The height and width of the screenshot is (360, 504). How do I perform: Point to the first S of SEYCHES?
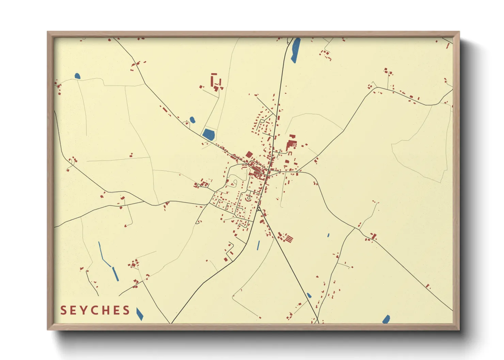[63, 310]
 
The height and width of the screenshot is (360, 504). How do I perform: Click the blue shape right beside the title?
[139, 314]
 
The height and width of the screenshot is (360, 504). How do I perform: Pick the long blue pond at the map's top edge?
[295, 50]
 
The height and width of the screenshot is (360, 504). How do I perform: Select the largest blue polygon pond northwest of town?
[209, 134]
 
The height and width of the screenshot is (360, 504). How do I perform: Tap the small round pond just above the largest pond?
[192, 120]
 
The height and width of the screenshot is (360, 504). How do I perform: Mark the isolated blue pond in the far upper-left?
[77, 76]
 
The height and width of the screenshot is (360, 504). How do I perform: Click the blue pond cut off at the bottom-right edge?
[386, 319]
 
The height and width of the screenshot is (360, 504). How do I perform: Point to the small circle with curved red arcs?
[249, 198]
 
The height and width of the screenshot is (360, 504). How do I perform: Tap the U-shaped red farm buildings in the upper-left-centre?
[215, 82]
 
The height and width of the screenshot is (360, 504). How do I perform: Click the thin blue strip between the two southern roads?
[258, 245]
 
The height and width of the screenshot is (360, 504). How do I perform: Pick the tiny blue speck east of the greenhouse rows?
[328, 235]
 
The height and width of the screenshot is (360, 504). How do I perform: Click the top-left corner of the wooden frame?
[48, 32]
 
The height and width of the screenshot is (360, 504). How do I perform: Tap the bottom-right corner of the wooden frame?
[459, 329]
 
